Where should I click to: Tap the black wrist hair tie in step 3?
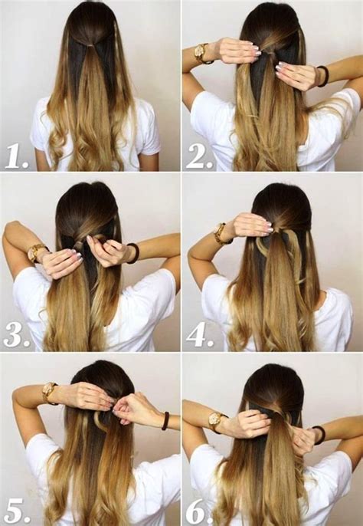pos(133,253)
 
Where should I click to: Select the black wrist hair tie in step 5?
pos(164,420)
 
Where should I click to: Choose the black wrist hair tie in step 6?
pos(319,435)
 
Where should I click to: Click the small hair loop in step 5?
pos(100,420)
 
